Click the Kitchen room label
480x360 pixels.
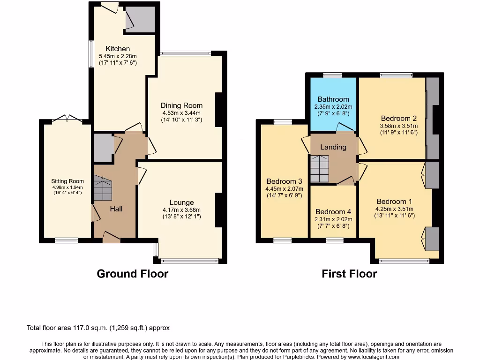[x=118, y=49]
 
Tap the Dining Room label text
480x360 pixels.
[x=181, y=105]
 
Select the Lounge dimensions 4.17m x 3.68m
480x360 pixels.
[x=181, y=210]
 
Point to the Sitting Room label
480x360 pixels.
[x=67, y=181]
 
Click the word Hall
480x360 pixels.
[x=116, y=209]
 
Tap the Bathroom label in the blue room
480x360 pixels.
[x=333, y=99]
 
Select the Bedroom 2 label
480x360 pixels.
[x=399, y=118]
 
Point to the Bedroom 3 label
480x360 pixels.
[x=284, y=181]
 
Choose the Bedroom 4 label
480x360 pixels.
[x=333, y=211]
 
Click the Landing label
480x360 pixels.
[x=333, y=147]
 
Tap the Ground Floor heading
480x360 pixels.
[x=132, y=274]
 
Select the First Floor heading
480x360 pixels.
[x=349, y=274]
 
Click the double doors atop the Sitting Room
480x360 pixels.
[x=66, y=119]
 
